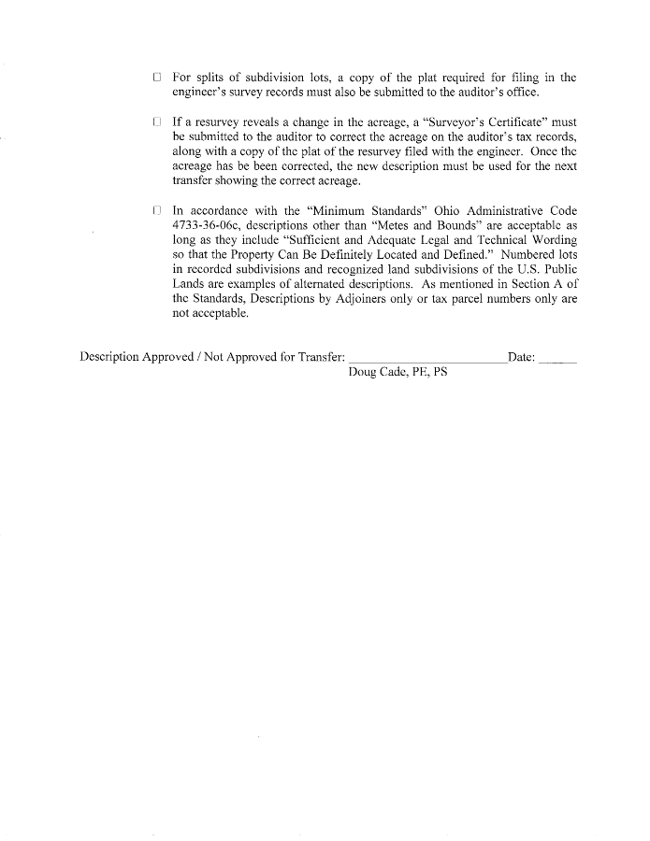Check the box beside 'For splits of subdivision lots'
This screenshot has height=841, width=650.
157,78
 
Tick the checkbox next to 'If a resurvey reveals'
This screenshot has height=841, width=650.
157,121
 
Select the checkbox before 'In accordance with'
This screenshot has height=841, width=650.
157,211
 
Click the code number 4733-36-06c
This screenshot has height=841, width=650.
204,226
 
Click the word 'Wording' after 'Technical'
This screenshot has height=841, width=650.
551,240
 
